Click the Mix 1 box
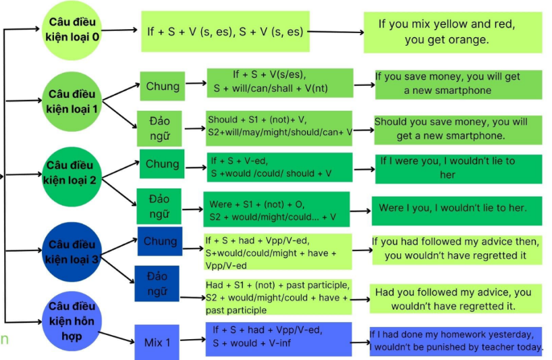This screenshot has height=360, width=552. (x=157, y=342)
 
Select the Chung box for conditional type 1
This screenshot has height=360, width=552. (x=163, y=86)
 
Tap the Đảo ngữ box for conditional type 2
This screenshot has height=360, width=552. (x=160, y=206)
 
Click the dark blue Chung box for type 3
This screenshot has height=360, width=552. (x=160, y=241)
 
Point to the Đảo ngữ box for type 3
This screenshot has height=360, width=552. (x=157, y=283)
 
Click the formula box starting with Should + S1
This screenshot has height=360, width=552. (x=279, y=127)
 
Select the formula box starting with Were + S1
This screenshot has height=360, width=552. (x=277, y=209)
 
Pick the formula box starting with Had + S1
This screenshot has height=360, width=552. (x=277, y=298)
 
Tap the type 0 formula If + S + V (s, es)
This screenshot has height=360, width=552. (x=225, y=31)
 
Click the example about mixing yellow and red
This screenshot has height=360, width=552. (x=447, y=32)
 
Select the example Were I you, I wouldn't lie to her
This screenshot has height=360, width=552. (x=453, y=208)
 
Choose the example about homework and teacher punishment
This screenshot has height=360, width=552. (x=456, y=341)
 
